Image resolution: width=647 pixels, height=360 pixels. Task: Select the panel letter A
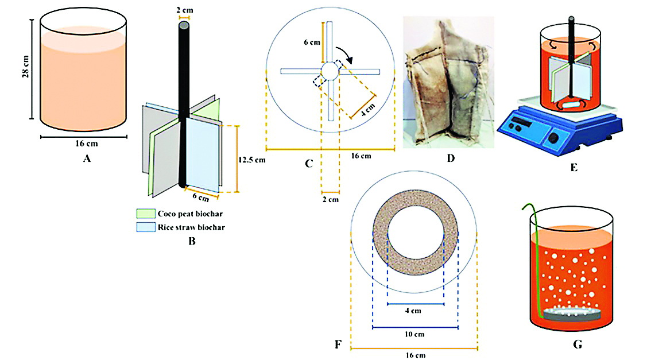pos(87,160)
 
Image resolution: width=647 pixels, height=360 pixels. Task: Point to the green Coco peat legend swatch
pos(142,214)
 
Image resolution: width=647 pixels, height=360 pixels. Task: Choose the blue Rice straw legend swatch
pos(142,227)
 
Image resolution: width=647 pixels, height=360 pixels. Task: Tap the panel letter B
pos(192,241)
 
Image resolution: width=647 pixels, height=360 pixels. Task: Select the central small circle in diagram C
pos(330,71)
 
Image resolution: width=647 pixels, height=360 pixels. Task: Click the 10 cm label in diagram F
pos(415,334)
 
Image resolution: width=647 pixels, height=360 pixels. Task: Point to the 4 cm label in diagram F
pos(415,311)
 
